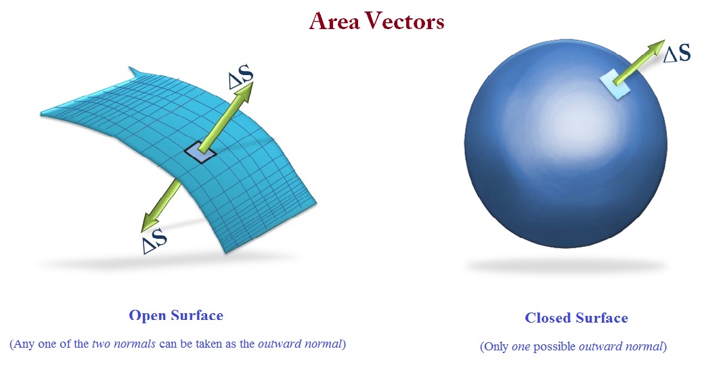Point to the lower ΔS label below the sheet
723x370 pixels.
tap(155, 240)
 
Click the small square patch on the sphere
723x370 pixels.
tap(615, 85)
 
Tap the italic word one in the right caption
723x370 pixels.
tap(522, 347)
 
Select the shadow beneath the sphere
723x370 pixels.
tap(565, 266)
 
